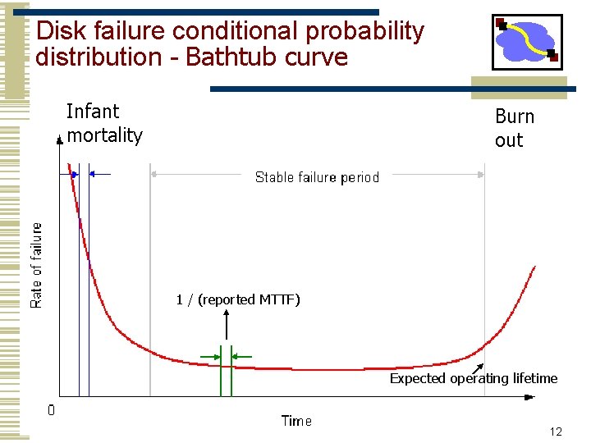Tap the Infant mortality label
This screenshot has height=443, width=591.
click(104, 123)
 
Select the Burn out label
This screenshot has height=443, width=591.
click(515, 128)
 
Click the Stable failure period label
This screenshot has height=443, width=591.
click(317, 177)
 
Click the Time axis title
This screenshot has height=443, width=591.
click(296, 421)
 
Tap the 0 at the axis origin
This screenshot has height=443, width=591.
click(51, 409)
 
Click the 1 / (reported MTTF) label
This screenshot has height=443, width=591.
click(238, 299)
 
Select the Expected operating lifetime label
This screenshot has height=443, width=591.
click(474, 378)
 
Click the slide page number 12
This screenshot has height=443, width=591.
click(556, 432)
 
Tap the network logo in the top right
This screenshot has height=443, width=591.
click(527, 42)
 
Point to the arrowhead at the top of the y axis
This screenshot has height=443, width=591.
click(59, 141)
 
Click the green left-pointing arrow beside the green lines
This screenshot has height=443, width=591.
click(241, 356)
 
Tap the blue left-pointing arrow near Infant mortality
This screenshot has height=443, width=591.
click(98, 174)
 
